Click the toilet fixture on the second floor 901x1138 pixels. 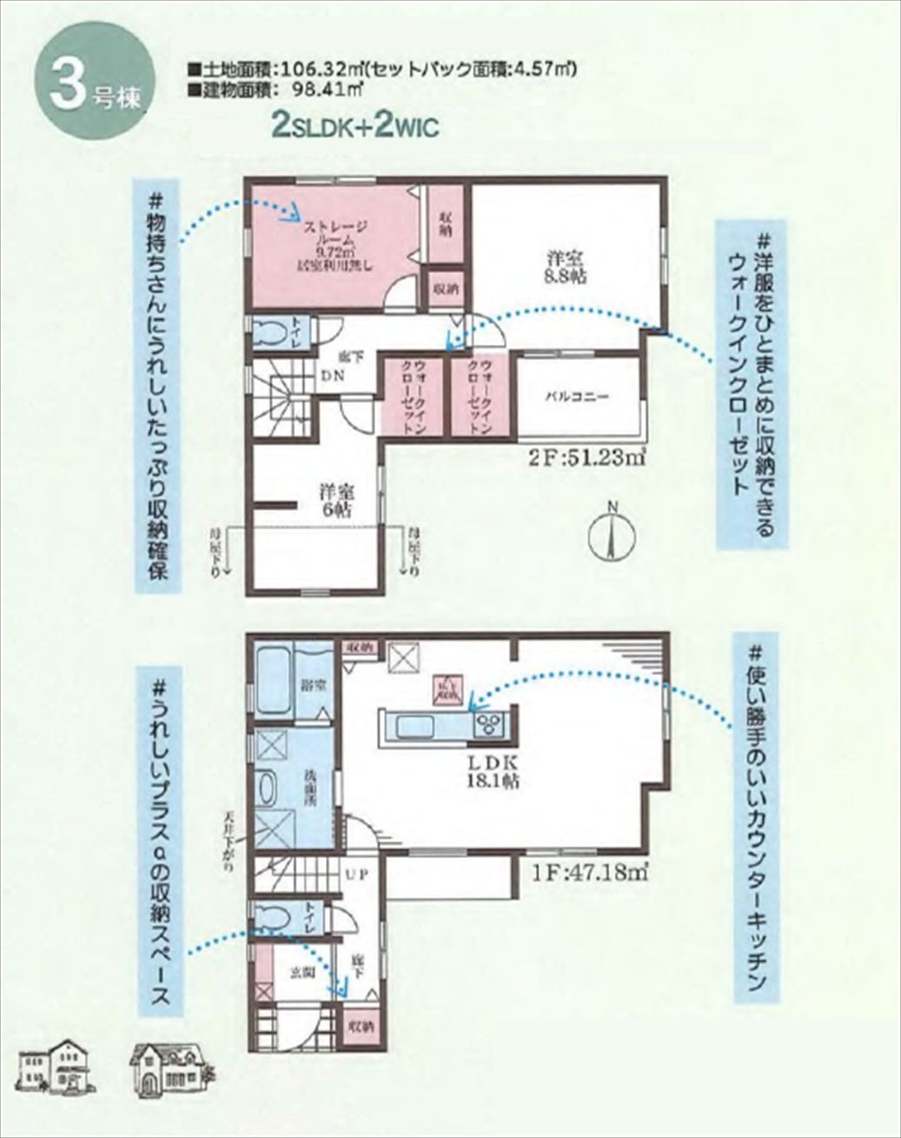(275, 335)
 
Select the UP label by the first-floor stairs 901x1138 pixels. (358, 875)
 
